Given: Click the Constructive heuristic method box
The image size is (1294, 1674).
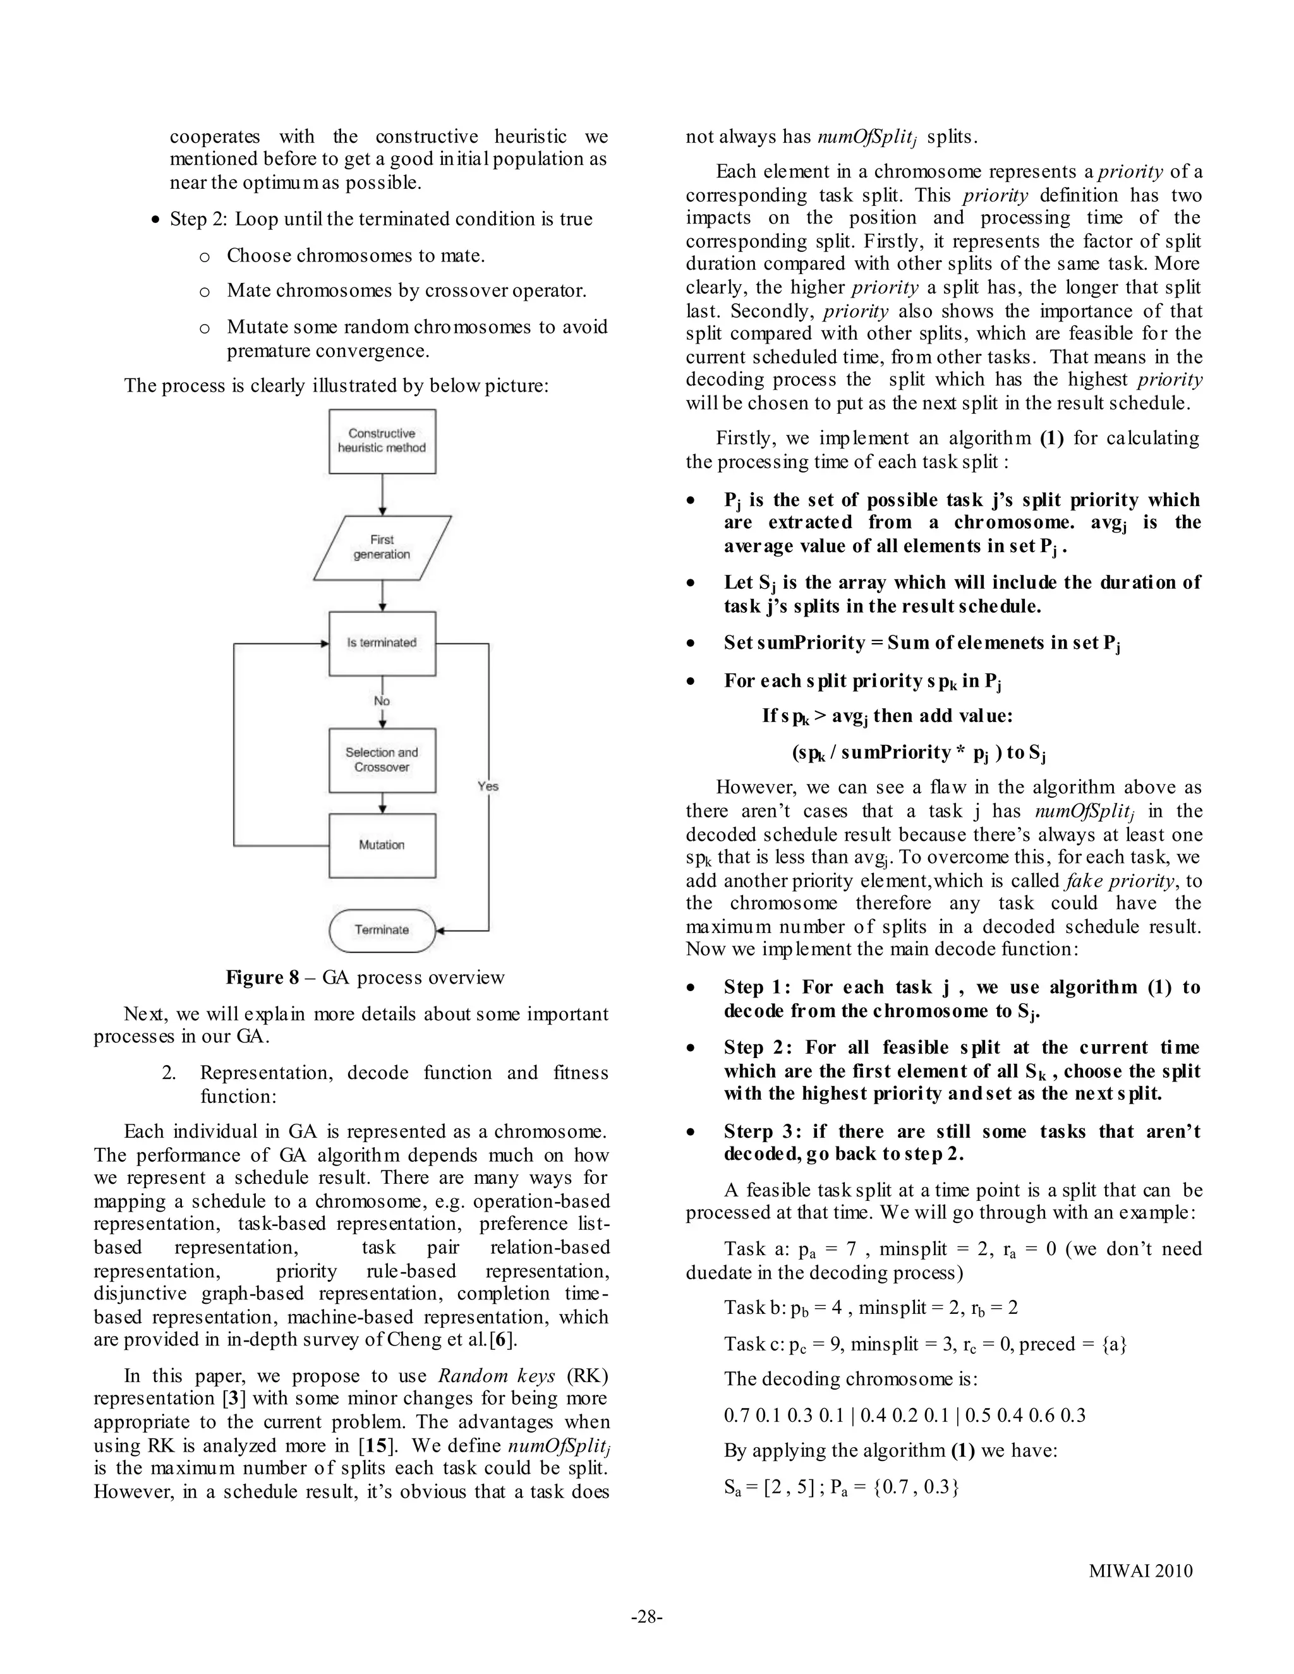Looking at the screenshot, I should [382, 441].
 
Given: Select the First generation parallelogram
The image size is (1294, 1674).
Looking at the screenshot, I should [382, 547].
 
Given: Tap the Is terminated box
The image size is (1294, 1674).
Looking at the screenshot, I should [382, 643].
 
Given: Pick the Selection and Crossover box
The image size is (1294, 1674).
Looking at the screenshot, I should [382, 759].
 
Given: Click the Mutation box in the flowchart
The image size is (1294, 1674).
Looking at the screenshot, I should [382, 845].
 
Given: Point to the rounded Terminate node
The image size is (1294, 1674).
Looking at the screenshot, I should [382, 930].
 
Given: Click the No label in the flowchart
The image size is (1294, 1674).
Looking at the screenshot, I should [382, 701].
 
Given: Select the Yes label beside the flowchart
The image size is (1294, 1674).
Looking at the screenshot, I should [488, 786].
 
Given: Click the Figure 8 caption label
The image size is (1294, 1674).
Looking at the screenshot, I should [262, 977].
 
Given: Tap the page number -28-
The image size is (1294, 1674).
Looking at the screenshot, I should [646, 1617].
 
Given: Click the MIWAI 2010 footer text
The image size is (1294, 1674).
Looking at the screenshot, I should [1140, 1570].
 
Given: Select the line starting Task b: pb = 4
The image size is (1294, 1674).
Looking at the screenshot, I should [870, 1308].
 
